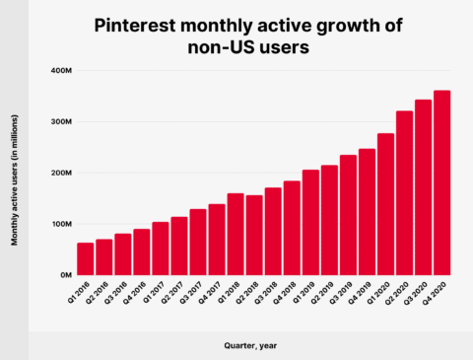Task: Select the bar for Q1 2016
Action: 86,258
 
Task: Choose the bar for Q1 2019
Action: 310,222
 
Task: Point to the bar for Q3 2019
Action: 348,214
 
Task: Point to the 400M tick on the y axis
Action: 57,71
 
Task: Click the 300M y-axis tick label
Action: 57,122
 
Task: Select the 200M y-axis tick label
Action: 57,173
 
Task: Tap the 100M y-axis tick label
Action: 57,224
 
